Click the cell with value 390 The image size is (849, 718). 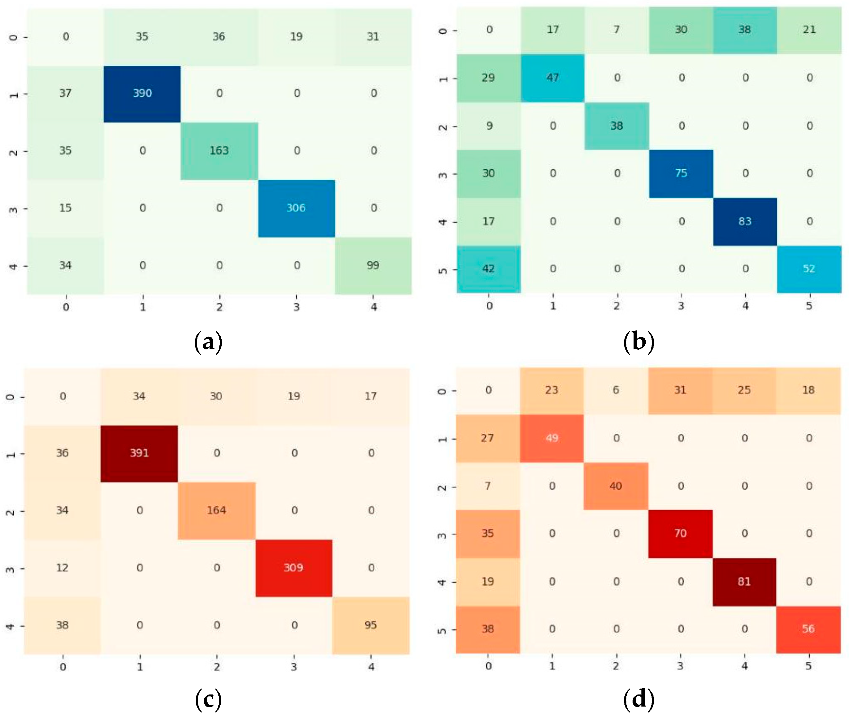pos(142,93)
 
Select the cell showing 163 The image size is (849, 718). pos(219,151)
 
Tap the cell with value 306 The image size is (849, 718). pos(296,208)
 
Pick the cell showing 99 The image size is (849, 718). pos(373,265)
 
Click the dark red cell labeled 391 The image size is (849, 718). pos(139,453)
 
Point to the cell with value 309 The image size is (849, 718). pos(294,568)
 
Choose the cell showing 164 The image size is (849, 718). pos(216,510)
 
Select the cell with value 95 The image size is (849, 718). pos(370,625)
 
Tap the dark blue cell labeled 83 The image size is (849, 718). pos(745,222)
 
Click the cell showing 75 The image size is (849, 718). pos(681,174)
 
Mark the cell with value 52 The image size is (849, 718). pos(809,269)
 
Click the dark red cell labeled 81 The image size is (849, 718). pos(744,582)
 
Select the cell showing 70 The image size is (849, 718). pos(680,534)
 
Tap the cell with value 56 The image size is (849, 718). pos(808,629)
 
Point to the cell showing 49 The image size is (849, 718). pos(552,438)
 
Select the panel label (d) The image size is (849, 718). pos(638,700)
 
